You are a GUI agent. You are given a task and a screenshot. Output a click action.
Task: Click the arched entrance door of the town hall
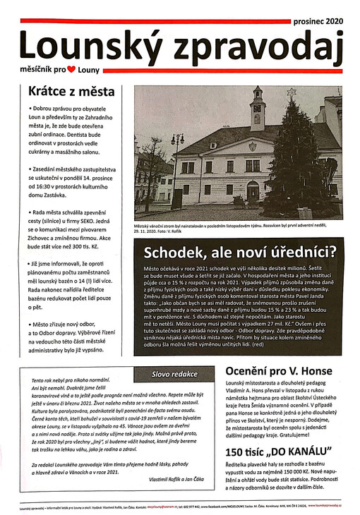coord(253,191)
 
